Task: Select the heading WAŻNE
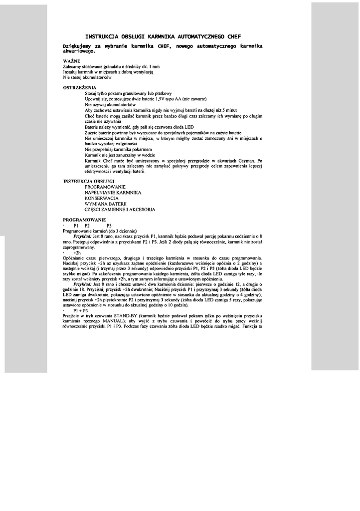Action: point(72,61)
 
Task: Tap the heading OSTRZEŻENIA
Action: point(79,87)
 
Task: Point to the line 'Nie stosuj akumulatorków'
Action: point(87,77)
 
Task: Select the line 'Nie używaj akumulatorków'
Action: point(111,105)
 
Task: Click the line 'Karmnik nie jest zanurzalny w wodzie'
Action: point(119,155)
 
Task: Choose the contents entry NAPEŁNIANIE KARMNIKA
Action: point(113,192)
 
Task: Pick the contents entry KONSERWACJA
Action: point(101,198)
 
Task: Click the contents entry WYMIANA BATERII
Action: point(106,204)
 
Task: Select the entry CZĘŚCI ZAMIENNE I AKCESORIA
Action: point(120,210)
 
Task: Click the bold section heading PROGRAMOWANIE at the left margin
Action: point(84,220)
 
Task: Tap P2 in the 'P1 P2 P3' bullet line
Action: point(87,226)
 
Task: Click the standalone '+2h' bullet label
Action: point(77,253)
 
